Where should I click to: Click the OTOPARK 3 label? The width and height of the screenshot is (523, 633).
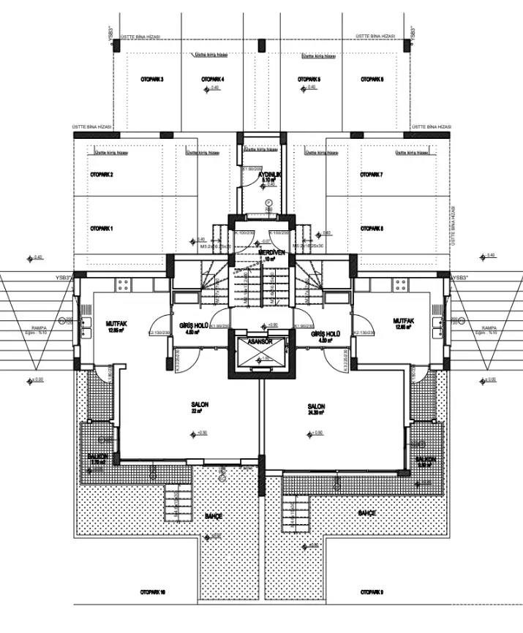click(x=151, y=79)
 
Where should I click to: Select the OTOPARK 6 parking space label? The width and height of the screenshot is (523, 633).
click(x=372, y=79)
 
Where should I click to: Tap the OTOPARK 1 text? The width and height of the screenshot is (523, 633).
click(x=102, y=229)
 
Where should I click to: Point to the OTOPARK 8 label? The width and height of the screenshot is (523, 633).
click(x=372, y=229)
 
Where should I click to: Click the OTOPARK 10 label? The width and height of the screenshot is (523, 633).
click(x=154, y=591)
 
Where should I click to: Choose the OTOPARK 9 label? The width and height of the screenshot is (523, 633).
click(x=372, y=591)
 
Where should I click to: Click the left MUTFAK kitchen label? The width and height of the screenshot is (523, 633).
click(x=117, y=322)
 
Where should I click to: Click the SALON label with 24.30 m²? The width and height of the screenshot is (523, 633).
click(x=316, y=406)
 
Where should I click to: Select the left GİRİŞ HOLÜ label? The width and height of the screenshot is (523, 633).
click(x=195, y=325)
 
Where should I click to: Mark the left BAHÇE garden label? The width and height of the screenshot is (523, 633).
click(x=214, y=516)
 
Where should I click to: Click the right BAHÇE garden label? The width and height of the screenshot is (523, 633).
click(x=366, y=514)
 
